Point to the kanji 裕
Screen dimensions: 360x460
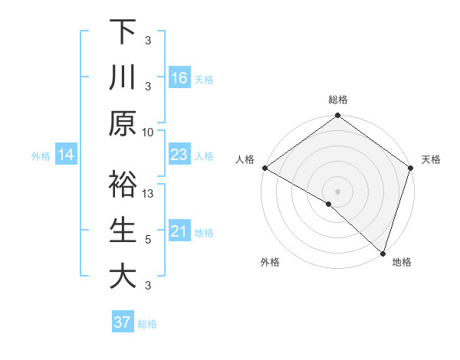point(123,184)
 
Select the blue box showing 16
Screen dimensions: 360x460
point(179,77)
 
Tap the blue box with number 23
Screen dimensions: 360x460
point(179,155)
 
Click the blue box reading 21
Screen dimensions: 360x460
point(179,231)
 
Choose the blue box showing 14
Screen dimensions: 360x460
point(66,155)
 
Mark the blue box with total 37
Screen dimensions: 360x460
point(123,322)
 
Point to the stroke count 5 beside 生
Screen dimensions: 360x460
point(148,240)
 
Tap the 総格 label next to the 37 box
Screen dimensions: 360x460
point(147,323)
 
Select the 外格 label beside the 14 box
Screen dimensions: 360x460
point(41,156)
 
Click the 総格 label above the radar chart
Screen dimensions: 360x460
point(337,100)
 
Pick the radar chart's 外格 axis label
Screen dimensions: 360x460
point(270,262)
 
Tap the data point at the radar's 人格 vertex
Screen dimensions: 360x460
point(264,168)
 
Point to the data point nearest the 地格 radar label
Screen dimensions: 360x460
point(383,253)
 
